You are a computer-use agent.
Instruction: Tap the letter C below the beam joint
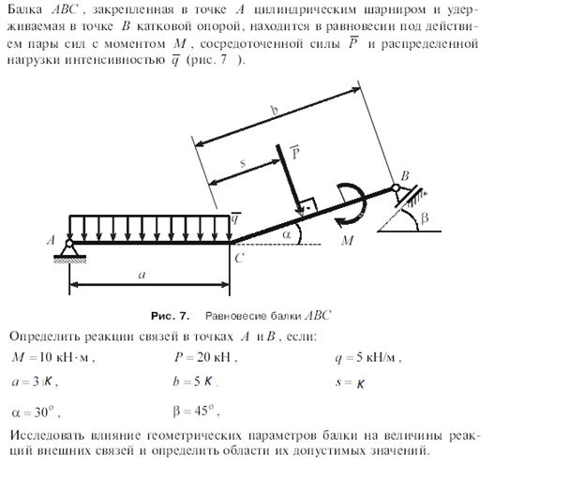pos(240,258)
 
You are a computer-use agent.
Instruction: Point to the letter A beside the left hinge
pos(52,240)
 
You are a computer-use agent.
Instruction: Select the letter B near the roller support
pos(405,175)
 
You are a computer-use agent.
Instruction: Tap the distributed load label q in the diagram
pos(237,217)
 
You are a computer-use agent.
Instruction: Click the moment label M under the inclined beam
pos(349,242)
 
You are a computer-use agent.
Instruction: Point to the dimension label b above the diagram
pos(274,111)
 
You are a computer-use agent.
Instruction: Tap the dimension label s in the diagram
pos(243,163)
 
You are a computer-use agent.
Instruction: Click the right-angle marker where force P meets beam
pos(306,204)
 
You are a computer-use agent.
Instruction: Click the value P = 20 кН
pos(205,356)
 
